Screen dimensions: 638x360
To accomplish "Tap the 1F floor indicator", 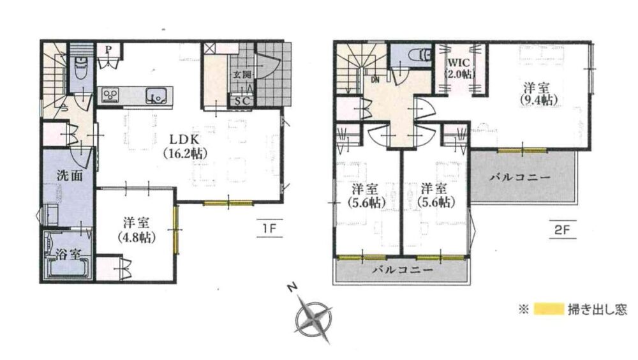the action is pos(269,229).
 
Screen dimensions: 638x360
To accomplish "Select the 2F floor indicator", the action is pos(562,230).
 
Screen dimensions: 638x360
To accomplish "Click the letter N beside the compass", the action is pos(292,288).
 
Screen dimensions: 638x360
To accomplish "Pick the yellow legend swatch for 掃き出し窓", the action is pos(548,310).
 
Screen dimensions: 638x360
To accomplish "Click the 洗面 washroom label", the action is pos(70,176).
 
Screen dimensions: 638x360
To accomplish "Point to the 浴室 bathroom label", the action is pos(68,255).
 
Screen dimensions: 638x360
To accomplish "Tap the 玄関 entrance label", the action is pos(242,75).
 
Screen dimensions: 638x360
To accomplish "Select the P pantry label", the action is pos(108,50).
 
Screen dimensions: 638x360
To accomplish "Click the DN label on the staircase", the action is pos(375,80).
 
